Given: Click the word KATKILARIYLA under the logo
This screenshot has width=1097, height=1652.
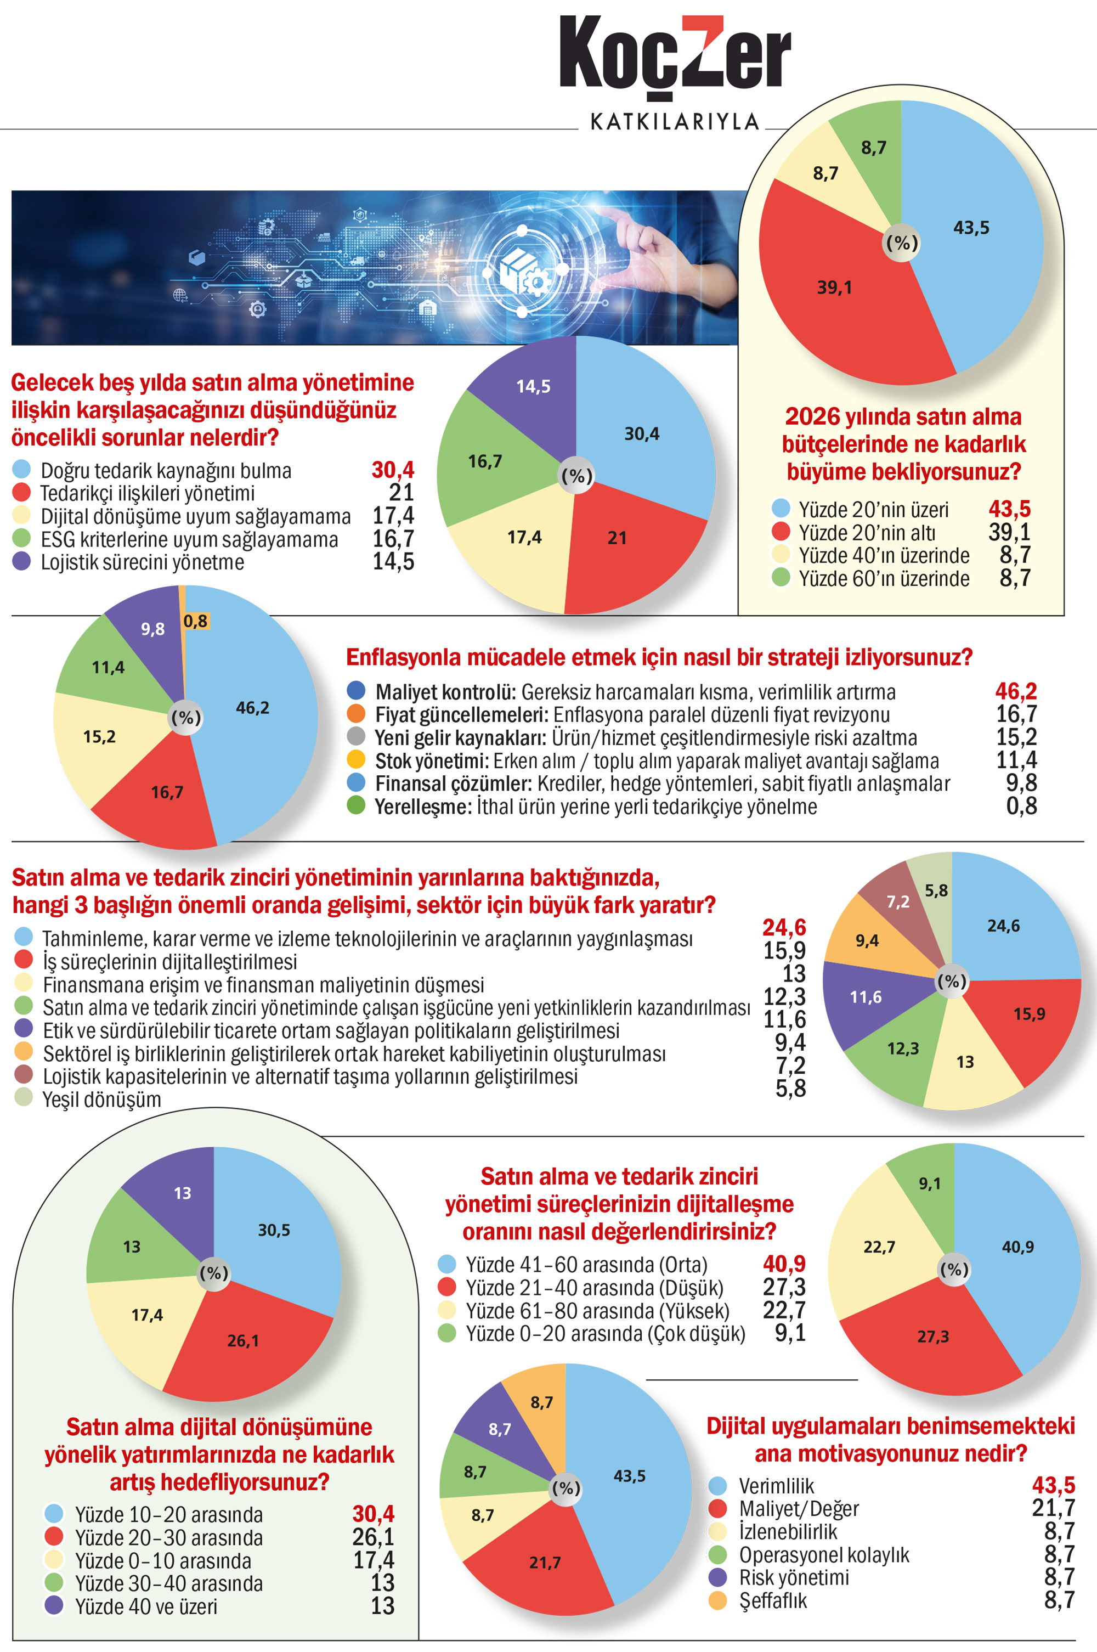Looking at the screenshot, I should click(675, 122).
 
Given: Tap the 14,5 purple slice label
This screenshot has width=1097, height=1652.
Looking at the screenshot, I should click(533, 386).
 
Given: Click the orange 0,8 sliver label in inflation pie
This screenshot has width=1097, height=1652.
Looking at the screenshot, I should click(195, 621).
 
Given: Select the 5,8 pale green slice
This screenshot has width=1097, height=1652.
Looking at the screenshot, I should click(935, 890).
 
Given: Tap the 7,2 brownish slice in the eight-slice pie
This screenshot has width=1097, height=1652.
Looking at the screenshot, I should click(897, 902).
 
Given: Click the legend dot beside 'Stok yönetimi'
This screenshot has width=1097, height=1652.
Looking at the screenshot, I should click(356, 759).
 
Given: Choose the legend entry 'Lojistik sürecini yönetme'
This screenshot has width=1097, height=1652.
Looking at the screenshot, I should click(142, 562).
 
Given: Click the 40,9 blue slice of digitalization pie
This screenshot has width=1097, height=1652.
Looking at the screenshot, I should click(1017, 1246).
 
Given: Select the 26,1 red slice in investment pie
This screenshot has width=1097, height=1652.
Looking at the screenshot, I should click(243, 1340).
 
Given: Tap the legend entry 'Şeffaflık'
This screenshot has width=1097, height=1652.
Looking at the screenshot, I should click(772, 1600).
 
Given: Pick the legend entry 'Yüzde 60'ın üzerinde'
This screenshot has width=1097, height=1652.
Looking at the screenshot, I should click(884, 579).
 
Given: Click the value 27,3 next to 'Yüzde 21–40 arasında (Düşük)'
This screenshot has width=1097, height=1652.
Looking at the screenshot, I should click(784, 1287).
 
